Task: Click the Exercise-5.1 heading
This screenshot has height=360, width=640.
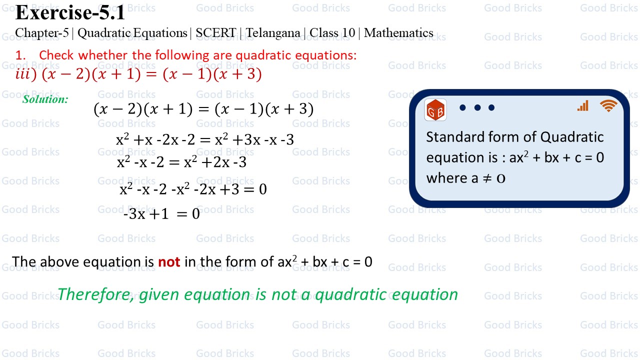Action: click(x=70, y=12)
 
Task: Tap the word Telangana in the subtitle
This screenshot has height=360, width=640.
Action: click(x=272, y=33)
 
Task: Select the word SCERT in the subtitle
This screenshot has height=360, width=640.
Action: click(x=215, y=33)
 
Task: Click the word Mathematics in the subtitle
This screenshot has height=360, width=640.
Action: click(x=398, y=33)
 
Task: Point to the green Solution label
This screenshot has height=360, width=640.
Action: click(x=45, y=99)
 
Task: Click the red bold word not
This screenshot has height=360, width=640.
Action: click(x=169, y=261)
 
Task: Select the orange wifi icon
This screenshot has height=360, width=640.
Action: click(x=608, y=105)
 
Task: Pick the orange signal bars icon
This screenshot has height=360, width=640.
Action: click(x=583, y=105)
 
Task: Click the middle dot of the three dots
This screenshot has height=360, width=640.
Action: click(x=477, y=107)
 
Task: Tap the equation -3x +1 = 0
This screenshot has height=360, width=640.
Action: click(x=161, y=214)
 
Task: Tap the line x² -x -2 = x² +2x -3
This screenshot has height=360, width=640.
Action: click(x=181, y=162)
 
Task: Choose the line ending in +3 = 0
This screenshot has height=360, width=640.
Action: click(x=193, y=189)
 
